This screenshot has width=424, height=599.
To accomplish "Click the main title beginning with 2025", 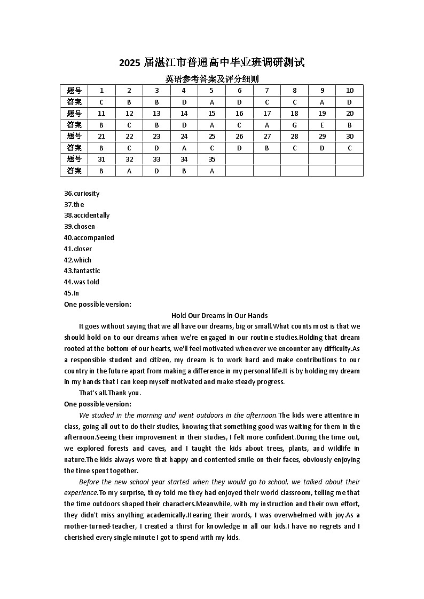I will coord(212,63).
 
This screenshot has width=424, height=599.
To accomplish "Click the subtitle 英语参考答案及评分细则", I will coord(212,79).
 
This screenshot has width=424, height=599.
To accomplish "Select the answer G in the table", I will coord(294,125).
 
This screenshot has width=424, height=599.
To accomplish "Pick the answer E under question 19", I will coord(322,125).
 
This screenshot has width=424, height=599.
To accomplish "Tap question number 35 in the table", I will coord(211,159).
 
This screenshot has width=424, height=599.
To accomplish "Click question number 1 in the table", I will coord(101,91).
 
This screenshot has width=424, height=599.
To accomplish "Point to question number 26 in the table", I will coord(239,137).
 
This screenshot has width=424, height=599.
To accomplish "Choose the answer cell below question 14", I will coord(184,125).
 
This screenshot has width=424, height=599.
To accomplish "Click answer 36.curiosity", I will coord(82,194).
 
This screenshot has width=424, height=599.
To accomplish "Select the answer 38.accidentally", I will coord(87,215).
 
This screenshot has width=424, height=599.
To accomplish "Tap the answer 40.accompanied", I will coord(89,238).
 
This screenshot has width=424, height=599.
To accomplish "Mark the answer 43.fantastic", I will coord(82,271).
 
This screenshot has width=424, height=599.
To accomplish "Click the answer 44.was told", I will coord(82,282).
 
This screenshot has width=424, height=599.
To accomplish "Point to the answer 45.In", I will coord(72,293).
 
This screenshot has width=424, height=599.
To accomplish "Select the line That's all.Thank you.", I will coord(110,393).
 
